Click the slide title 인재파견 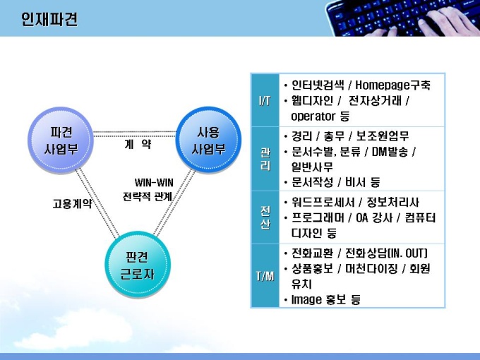click(49, 19)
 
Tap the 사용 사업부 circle click(208, 139)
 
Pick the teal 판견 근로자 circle click(138, 265)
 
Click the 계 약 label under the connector click(138, 144)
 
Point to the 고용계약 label click(72, 203)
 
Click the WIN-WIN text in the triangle click(154, 183)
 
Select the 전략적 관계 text click(148, 196)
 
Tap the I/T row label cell click(265, 100)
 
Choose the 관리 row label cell click(265, 159)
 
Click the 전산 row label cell click(265, 217)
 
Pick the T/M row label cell click(265, 276)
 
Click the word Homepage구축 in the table click(392, 85)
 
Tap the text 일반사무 click(312, 167)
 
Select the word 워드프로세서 click(323, 203)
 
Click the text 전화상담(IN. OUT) click(386, 253)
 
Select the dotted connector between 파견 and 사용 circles click(135, 134)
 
